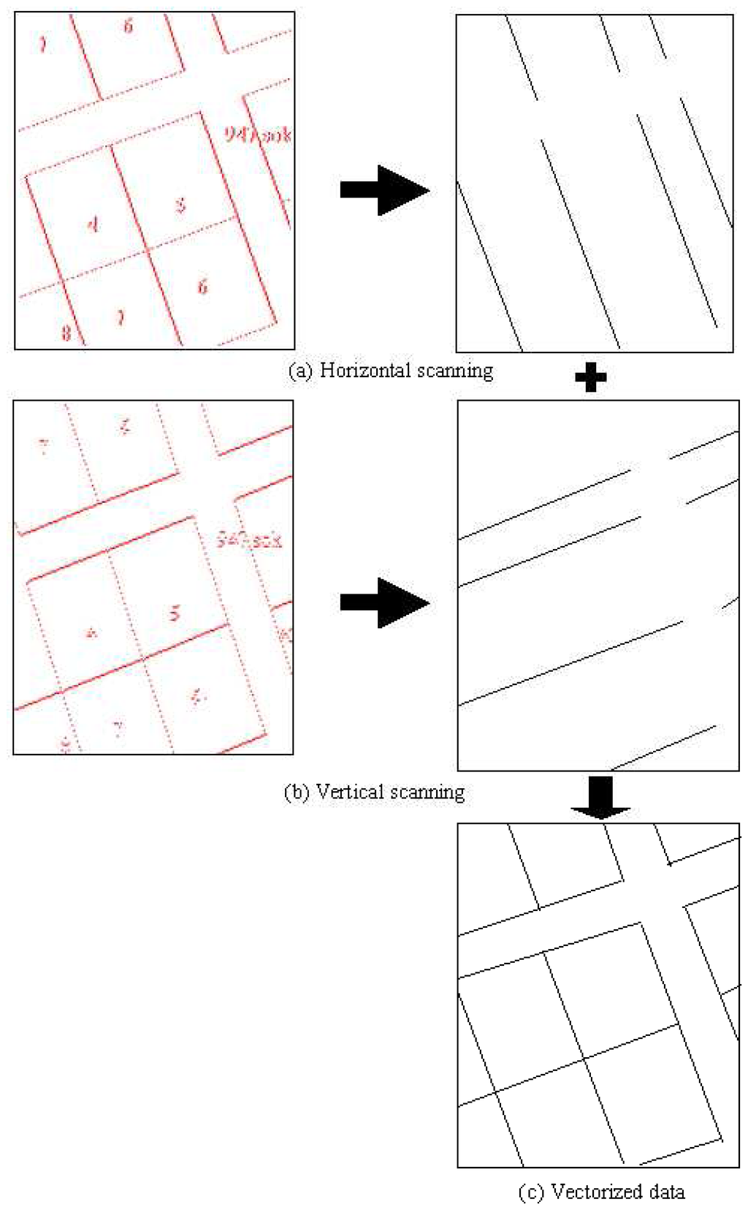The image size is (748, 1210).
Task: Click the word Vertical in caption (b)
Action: (350, 792)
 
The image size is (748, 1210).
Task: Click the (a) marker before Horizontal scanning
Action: (300, 371)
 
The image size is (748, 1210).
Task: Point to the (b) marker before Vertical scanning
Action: (296, 792)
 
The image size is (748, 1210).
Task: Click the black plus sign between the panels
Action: (590, 377)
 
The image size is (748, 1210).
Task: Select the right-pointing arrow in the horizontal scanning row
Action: (384, 190)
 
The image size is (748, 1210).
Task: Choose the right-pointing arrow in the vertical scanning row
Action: (384, 602)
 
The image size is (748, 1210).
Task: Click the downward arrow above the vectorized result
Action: (600, 797)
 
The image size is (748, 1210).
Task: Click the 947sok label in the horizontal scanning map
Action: (257, 135)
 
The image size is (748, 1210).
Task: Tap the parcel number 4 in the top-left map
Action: (93, 224)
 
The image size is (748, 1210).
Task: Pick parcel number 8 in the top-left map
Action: (66, 333)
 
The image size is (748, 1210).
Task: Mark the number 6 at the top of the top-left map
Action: (128, 27)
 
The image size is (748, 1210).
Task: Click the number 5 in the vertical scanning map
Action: (174, 613)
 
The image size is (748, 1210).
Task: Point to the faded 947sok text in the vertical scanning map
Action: (249, 540)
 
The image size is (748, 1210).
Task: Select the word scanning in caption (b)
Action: (427, 792)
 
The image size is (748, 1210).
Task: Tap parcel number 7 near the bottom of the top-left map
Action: (121, 317)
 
